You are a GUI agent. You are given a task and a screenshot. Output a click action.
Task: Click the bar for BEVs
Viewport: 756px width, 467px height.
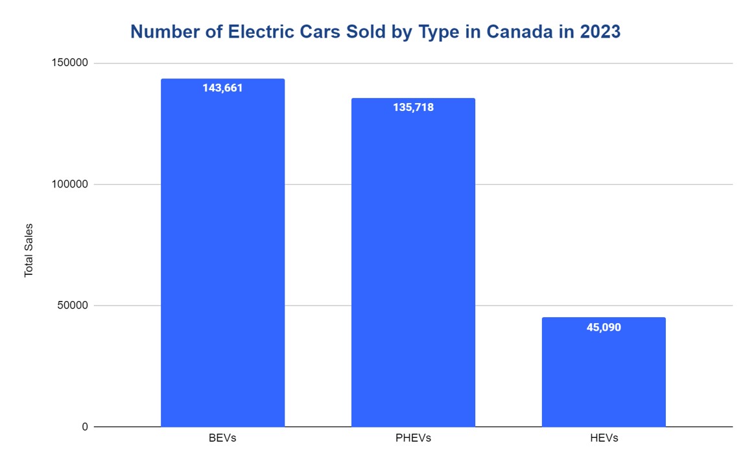[x=222, y=259]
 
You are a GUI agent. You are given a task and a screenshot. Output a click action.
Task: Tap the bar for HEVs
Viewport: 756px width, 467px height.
[x=604, y=376]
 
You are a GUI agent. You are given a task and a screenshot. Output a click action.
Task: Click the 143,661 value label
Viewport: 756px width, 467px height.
[x=222, y=88]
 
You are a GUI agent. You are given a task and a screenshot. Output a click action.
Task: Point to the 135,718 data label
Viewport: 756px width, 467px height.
[x=413, y=107]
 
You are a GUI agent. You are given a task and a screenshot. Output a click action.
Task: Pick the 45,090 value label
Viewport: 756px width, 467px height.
[x=604, y=327]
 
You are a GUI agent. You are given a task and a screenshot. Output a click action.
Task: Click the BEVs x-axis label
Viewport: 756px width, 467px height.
[x=222, y=438]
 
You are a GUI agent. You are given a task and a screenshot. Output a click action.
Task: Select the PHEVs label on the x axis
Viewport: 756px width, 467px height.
[x=413, y=438]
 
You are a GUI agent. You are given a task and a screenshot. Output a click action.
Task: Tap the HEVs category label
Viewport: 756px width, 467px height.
[x=604, y=438]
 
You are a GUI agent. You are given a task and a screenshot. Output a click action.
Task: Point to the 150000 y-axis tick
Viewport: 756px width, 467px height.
[x=69, y=63]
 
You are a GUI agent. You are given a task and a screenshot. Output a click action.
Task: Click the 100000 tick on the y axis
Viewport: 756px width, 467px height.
[x=69, y=184]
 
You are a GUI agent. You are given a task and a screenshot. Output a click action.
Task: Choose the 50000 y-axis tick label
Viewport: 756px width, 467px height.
[x=71, y=305]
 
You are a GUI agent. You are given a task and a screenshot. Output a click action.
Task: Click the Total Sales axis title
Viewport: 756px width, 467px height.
[x=29, y=250]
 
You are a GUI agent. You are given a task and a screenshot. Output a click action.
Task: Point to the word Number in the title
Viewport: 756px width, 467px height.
[x=162, y=31]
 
